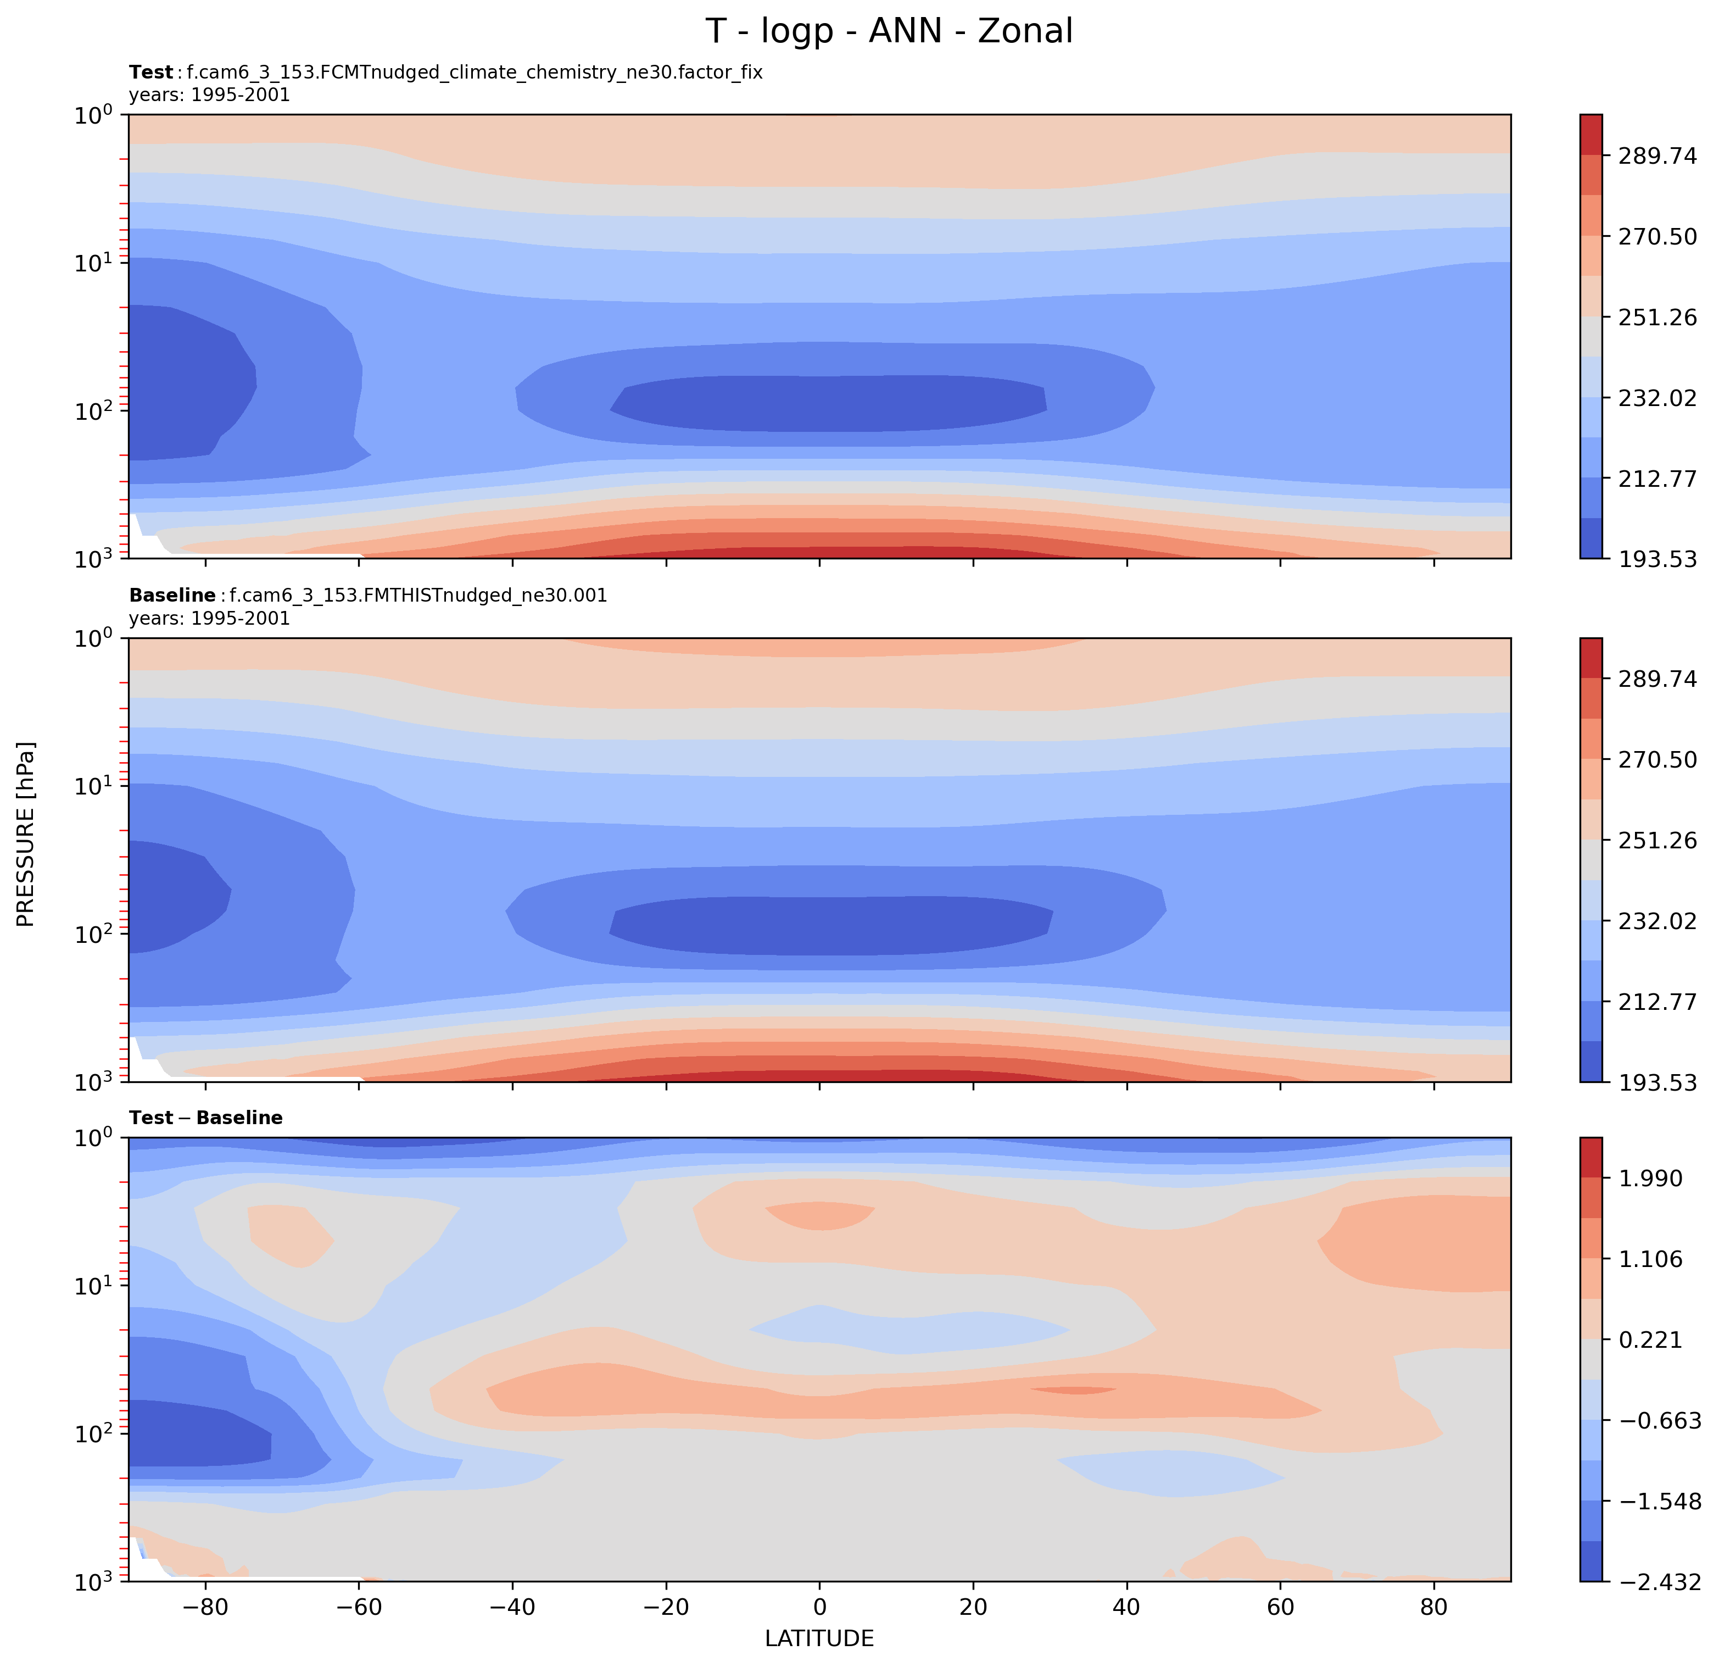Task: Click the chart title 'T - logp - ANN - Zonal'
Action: coord(889,31)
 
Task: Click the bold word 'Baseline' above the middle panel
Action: coord(172,596)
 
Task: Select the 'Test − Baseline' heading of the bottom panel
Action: coord(205,1118)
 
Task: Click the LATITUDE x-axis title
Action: coord(819,1638)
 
